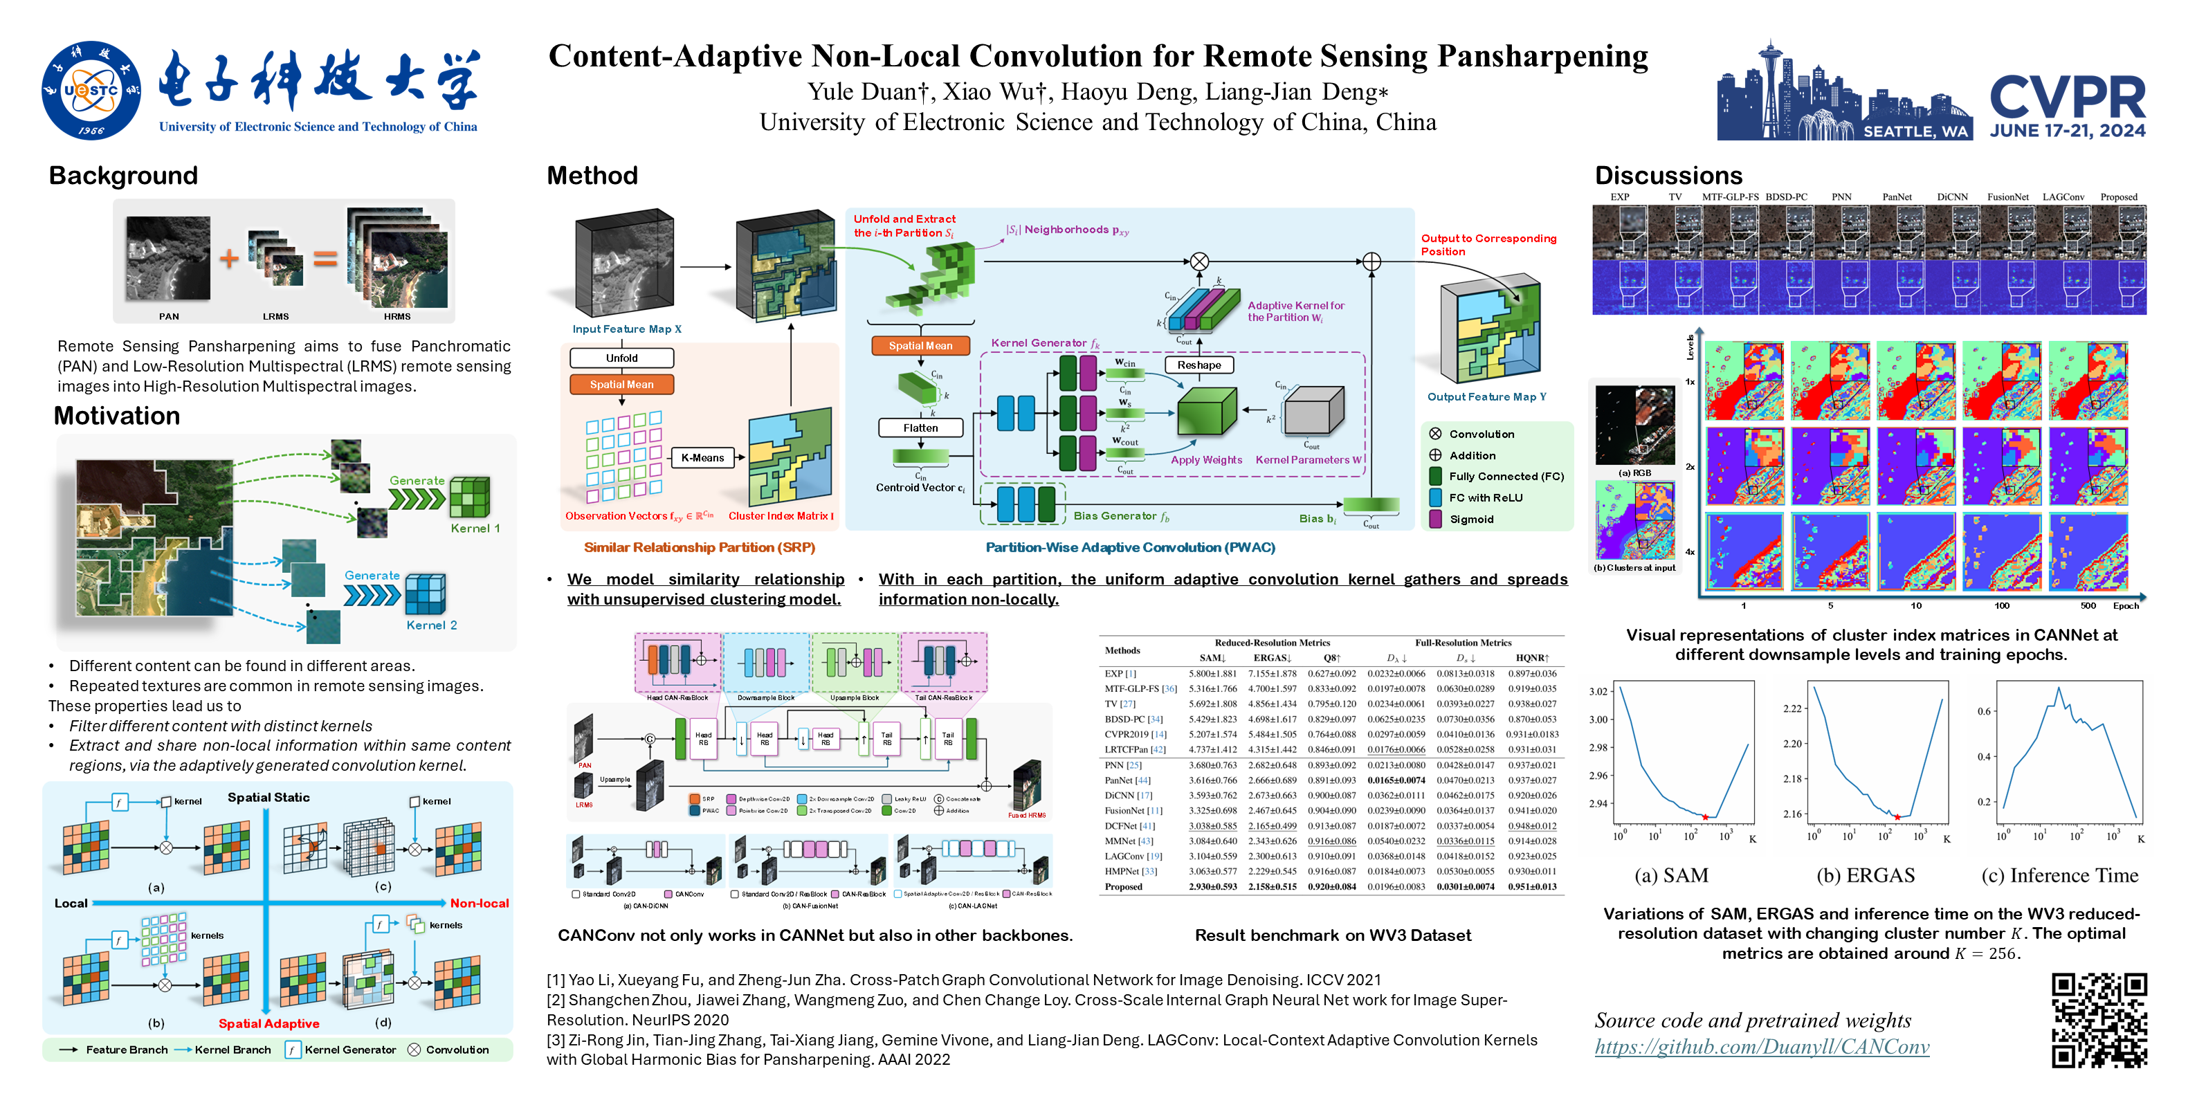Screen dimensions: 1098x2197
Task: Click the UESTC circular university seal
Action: (x=91, y=91)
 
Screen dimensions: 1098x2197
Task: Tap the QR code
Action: (x=2098, y=1020)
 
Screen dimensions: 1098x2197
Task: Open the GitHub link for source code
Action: (x=1761, y=1047)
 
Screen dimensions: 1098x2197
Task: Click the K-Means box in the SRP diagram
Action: (x=702, y=458)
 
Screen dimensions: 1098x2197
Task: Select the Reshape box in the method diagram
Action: (x=1198, y=365)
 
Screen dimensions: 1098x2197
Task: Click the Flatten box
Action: (x=920, y=428)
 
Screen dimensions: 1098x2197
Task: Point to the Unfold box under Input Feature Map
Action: (x=622, y=358)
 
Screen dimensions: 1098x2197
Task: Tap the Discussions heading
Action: (x=1668, y=176)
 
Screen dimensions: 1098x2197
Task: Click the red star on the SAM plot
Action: (x=1705, y=816)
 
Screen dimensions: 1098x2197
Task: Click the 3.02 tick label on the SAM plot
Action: (x=1598, y=691)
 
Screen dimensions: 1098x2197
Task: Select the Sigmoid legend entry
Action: (x=1471, y=519)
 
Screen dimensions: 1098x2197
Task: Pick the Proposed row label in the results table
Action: (x=1123, y=886)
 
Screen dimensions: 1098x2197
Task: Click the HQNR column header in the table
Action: (x=1532, y=658)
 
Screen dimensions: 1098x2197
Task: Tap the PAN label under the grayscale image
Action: (x=169, y=316)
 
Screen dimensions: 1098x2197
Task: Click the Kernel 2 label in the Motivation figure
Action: (x=432, y=625)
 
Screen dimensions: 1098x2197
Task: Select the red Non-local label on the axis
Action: (x=480, y=903)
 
